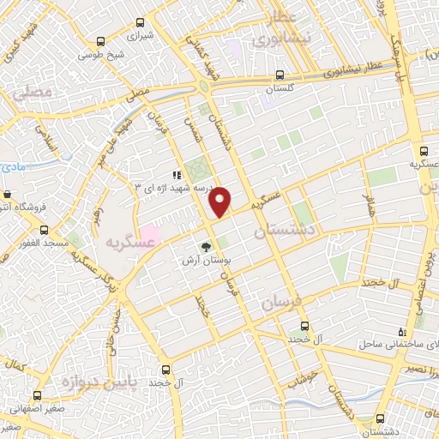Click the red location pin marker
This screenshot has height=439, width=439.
coord(221,201)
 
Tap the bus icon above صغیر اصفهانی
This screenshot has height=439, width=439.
coord(37,396)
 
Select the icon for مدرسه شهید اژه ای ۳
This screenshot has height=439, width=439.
coord(177,176)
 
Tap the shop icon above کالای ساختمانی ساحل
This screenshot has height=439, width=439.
coord(401,331)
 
